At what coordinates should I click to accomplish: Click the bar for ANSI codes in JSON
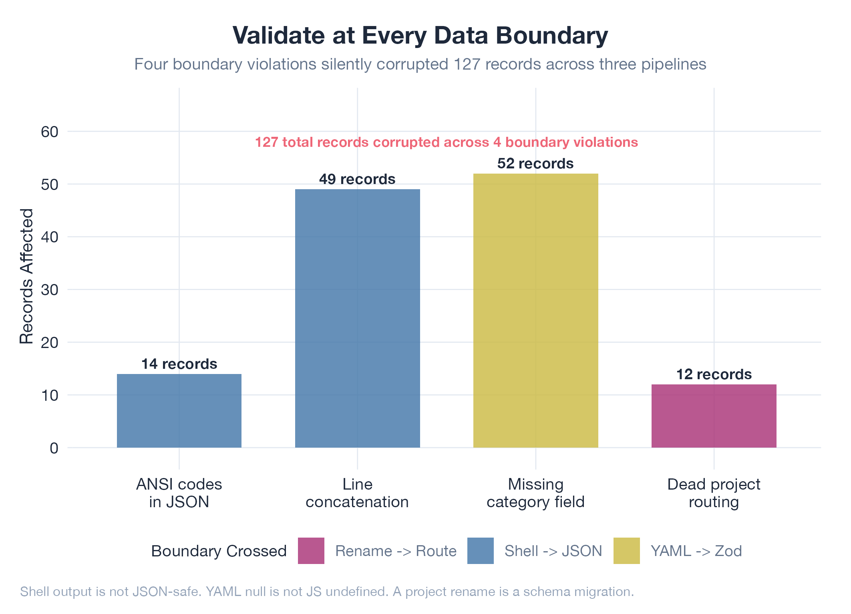(179, 411)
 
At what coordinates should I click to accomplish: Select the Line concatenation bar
(357, 318)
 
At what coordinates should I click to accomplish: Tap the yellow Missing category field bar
(535, 310)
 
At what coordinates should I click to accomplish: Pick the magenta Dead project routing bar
(714, 416)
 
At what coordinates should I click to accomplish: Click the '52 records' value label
(535, 164)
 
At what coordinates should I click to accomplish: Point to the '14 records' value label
(179, 364)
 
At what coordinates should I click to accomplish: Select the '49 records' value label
(357, 179)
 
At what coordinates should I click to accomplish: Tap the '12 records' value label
(714, 374)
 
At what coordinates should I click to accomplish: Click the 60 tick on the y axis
(50, 132)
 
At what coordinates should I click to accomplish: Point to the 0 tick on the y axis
(54, 448)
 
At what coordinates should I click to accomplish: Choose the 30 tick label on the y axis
(50, 290)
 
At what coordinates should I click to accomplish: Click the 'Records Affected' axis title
(26, 276)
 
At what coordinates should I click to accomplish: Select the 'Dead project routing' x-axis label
(714, 493)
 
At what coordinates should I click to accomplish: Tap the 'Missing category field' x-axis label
(535, 493)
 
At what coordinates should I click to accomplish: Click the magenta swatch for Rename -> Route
(311, 551)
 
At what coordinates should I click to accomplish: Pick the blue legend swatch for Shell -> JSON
(480, 551)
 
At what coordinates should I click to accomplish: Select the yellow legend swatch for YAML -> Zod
(626, 551)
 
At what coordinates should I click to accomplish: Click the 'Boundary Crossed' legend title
(219, 551)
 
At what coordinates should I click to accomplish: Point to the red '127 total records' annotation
(446, 142)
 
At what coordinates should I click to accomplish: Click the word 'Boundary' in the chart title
(552, 35)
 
